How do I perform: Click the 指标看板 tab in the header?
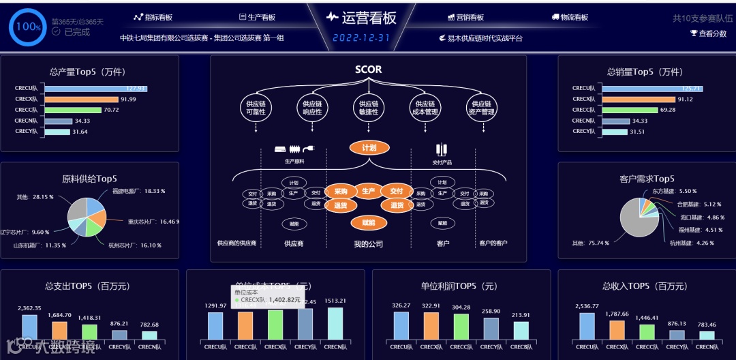point(153,17)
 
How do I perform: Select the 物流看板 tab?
point(570,17)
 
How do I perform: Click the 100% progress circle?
point(28,27)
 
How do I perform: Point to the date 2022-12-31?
point(361,38)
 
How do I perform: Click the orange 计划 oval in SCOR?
point(369,148)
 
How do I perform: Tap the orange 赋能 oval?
point(369,223)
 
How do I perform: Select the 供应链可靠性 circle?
point(256,108)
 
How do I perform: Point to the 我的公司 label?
point(369,243)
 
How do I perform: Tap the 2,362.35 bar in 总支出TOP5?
point(29,327)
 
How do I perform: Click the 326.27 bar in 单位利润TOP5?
point(401,326)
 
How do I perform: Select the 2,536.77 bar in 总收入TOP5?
point(587,326)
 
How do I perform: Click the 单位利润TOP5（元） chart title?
point(461,286)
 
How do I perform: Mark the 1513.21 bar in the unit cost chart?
point(335,324)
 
